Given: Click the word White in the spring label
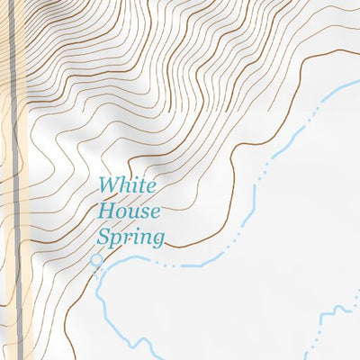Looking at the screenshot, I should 127,186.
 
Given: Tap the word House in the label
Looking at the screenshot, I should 129,212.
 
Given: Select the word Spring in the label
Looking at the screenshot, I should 130,238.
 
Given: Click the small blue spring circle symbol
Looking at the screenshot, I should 96,260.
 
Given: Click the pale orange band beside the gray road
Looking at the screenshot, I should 25,180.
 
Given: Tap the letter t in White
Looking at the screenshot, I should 140,186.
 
